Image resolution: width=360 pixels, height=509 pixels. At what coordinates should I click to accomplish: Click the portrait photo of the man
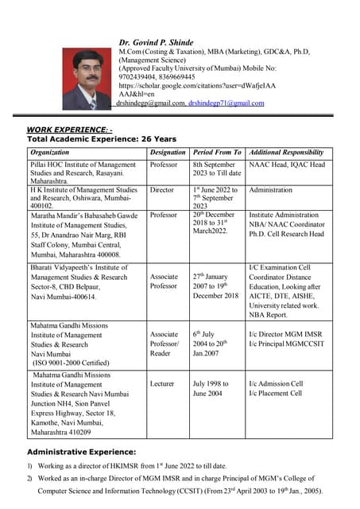(87, 80)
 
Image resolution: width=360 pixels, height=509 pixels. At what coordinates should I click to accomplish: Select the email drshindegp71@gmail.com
(226, 103)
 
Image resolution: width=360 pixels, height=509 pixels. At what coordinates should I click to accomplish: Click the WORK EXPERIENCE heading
(70, 129)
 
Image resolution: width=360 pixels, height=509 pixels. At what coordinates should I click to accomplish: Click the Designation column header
(167, 152)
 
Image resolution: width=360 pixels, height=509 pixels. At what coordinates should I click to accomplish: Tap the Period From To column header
(217, 152)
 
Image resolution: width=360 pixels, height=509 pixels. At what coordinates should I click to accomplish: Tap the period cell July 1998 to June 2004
(211, 389)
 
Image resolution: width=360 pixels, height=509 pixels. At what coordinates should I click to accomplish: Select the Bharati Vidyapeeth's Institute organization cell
(79, 282)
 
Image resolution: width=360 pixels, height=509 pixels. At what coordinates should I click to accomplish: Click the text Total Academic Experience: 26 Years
(91, 138)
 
